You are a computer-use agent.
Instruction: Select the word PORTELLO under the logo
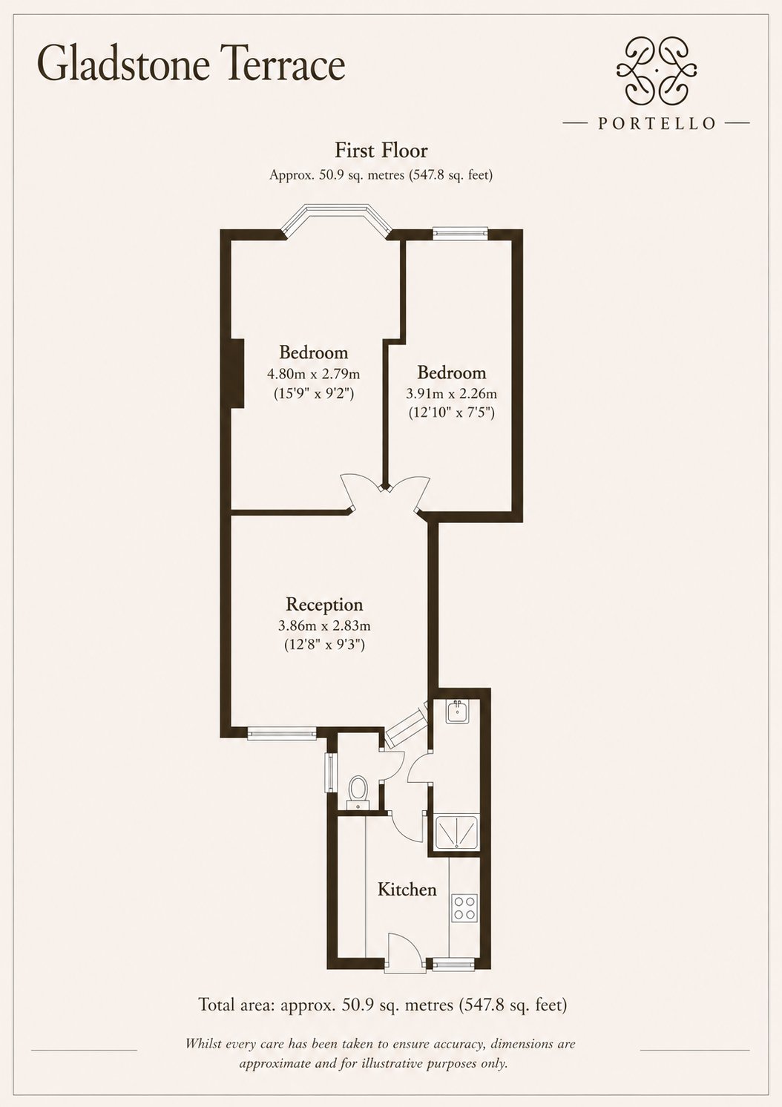coord(657,123)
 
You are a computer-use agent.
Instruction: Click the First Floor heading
coord(381,151)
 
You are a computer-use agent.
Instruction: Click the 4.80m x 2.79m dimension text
coord(313,374)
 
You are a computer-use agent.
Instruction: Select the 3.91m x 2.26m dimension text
coord(451,393)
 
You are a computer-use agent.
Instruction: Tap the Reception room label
coord(324,605)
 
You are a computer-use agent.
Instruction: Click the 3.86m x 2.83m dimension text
coord(324,625)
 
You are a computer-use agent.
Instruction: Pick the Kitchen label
coord(407,890)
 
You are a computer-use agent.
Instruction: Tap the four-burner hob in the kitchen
coord(464,908)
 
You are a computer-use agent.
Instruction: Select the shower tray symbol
coord(457,834)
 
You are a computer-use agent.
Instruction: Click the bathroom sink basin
coord(457,712)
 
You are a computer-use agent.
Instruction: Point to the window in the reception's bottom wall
coord(282,733)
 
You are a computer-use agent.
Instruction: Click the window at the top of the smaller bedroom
coord(460,234)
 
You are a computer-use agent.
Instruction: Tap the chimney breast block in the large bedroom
coord(237,374)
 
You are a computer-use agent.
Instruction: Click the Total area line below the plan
coord(382,1005)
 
